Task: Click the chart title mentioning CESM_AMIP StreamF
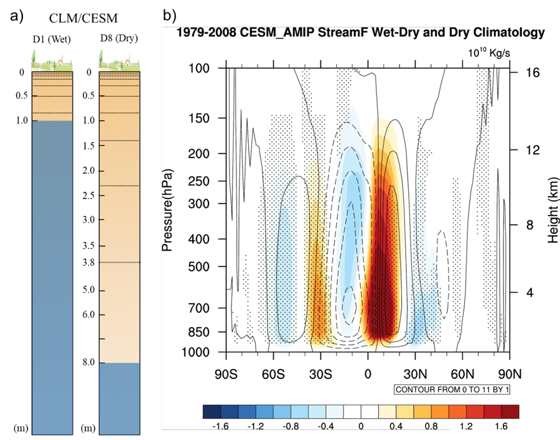click(361, 32)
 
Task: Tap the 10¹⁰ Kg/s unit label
click(490, 53)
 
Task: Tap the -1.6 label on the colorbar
click(222, 427)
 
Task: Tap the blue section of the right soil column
click(119, 398)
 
